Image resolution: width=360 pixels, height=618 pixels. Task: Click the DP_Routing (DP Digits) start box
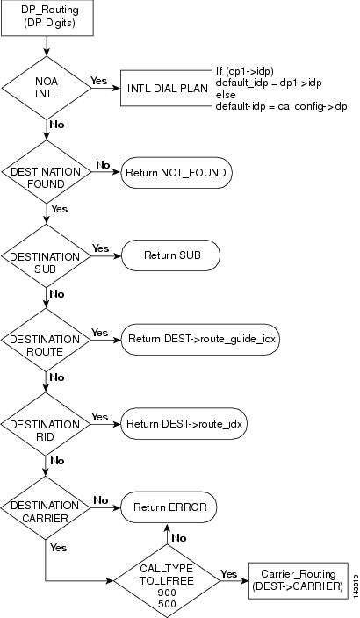[47, 18]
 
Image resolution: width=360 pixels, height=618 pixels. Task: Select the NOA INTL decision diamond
[47, 88]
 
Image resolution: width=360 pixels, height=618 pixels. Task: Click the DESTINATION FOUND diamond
[47, 172]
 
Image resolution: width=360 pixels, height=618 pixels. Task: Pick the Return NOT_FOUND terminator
[176, 173]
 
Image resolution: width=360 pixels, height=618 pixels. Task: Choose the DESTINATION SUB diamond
[47, 255]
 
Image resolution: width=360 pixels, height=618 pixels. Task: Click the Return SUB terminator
[170, 255]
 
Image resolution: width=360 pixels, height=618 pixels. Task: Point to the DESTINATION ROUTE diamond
[47, 340]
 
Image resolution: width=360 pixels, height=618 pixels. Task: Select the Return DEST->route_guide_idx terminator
[200, 340]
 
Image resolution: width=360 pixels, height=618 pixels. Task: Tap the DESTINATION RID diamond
[46, 424]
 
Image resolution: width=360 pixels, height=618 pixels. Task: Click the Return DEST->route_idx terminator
[184, 424]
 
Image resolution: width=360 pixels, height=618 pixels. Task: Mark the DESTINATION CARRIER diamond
[46, 508]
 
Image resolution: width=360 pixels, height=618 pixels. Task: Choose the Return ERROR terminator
[169, 507]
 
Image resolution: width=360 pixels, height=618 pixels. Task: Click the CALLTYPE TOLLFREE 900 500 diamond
[167, 581]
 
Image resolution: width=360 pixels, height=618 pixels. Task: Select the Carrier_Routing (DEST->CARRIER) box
[299, 580]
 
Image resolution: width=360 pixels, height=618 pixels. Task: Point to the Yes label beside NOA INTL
[99, 81]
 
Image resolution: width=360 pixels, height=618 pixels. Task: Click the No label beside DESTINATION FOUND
[103, 165]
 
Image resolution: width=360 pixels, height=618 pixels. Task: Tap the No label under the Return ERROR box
[179, 538]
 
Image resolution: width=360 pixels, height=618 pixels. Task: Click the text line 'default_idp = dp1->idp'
[269, 83]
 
